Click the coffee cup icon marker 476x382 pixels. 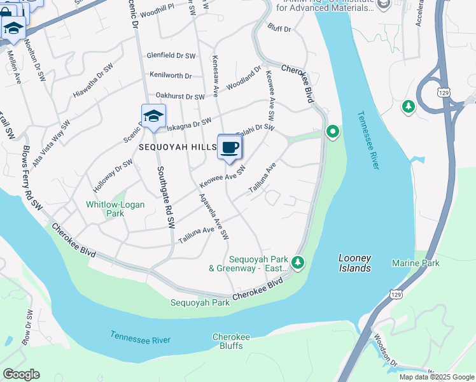pyautogui.click(x=230, y=147)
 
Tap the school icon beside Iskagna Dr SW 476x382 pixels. pyautogui.click(x=153, y=117)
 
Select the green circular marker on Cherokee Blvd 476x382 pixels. pyautogui.click(x=332, y=132)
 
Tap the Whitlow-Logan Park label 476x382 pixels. pyautogui.click(x=115, y=209)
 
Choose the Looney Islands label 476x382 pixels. pyautogui.click(x=354, y=263)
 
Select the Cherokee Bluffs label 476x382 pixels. pyautogui.click(x=232, y=341)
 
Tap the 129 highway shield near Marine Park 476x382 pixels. pyautogui.click(x=396, y=294)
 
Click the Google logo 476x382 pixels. pyautogui.click(x=21, y=374)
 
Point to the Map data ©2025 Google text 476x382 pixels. pyautogui.click(x=436, y=377)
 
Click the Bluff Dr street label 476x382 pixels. pyautogui.click(x=279, y=29)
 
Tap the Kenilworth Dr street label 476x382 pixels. pyautogui.click(x=170, y=76)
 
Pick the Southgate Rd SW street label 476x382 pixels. pyautogui.click(x=165, y=197)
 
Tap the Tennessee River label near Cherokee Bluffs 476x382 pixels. pyautogui.click(x=140, y=337)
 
